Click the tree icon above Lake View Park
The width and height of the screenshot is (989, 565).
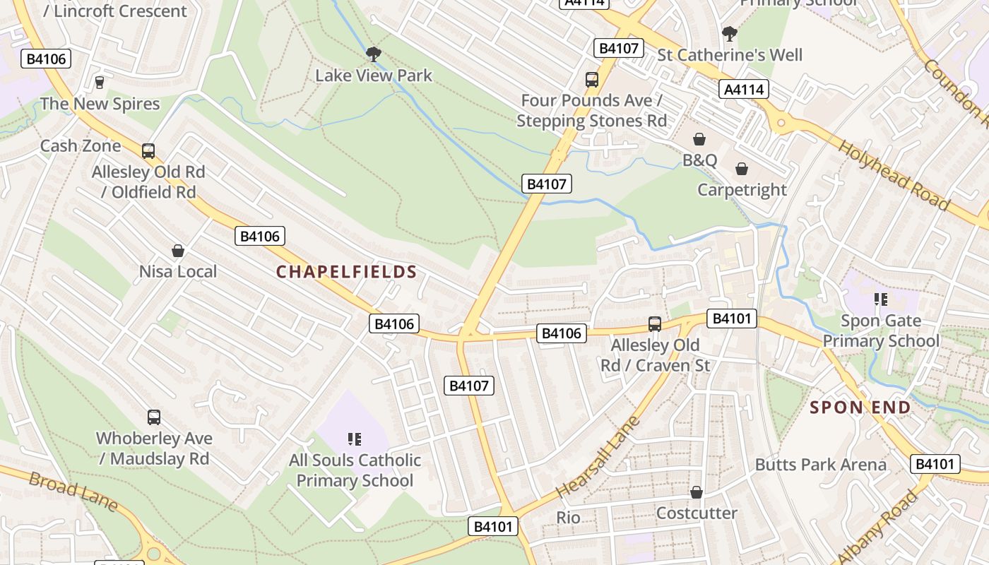coord(374,54)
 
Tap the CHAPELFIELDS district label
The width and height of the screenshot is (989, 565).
coord(346,272)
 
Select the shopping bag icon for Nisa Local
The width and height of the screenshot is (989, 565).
coord(178,251)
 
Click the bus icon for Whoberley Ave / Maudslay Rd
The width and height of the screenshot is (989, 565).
coord(154,417)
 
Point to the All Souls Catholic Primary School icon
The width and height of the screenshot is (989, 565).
coord(355,439)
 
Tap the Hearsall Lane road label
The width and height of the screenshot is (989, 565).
coord(597,458)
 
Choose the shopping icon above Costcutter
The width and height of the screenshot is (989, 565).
coord(697,492)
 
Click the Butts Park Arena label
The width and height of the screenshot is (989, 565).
coord(820,465)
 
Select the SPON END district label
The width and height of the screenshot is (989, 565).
coord(860,408)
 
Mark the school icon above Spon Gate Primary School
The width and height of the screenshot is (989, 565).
coord(880,299)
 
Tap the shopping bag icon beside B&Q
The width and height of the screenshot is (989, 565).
coord(699,139)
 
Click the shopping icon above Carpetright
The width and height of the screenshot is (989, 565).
coord(742,169)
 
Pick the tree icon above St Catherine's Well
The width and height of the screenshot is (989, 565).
coord(730,33)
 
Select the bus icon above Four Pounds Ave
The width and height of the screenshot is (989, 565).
coord(592,79)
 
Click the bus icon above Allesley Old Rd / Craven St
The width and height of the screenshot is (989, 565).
coord(655,324)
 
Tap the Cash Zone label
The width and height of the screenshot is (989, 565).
coord(81,146)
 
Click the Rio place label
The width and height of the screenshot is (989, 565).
coord(568,518)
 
